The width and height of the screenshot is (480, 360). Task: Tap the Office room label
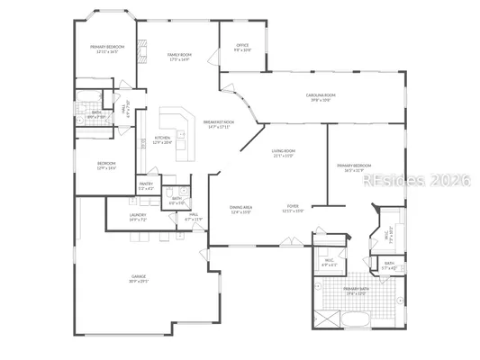(x=242, y=48)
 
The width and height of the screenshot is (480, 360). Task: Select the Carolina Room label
(x=320, y=96)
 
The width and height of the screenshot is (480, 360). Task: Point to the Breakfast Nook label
(x=218, y=123)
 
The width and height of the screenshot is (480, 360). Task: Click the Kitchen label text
(x=161, y=139)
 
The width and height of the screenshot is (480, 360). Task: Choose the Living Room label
(x=284, y=154)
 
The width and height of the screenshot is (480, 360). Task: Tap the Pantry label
(x=146, y=187)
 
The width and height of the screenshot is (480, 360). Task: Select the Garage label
(x=138, y=280)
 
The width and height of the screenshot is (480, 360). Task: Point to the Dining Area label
(x=241, y=210)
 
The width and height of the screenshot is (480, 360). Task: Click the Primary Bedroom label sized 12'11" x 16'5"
(x=107, y=49)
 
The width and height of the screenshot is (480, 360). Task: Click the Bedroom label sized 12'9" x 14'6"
(x=106, y=166)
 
